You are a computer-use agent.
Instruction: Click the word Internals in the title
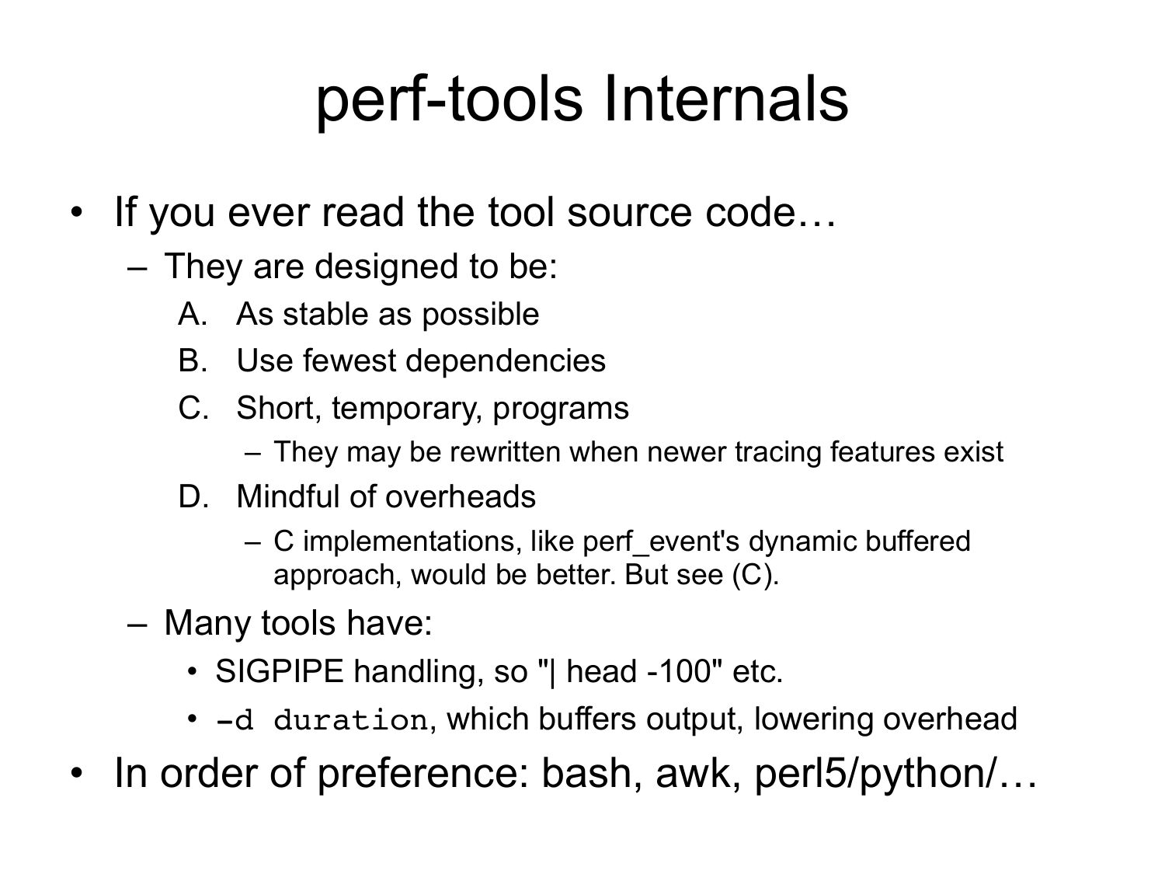click(x=725, y=99)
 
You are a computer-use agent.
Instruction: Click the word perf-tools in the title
click(x=450, y=101)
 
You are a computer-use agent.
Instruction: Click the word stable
click(x=325, y=314)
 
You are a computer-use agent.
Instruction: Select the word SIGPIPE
click(x=279, y=671)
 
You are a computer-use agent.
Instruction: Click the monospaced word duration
click(x=351, y=720)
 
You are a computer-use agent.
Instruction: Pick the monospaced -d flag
click(x=234, y=720)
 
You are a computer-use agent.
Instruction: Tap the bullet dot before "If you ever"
click(x=76, y=212)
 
